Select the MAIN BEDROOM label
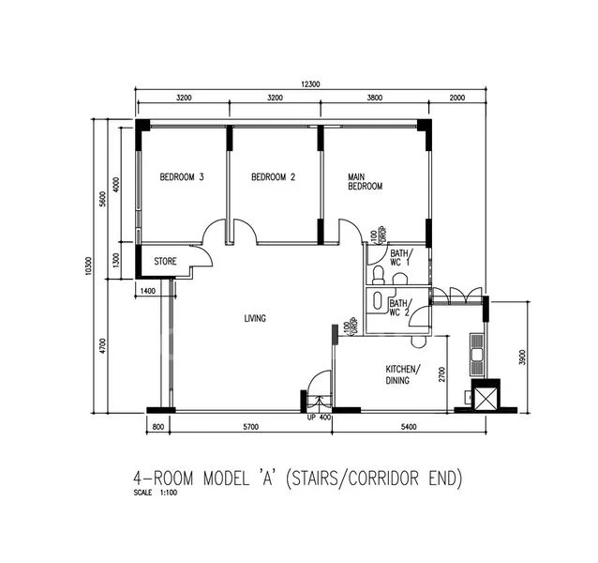tap(366, 181)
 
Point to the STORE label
tap(166, 262)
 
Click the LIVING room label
tap(255, 318)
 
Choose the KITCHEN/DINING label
tap(404, 373)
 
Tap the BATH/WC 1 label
tap(400, 258)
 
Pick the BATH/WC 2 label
tap(400, 308)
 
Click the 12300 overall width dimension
tap(310, 84)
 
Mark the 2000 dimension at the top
tap(456, 98)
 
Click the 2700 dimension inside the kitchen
tap(441, 375)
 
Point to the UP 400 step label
tap(319, 417)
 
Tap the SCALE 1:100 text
tap(157, 493)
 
